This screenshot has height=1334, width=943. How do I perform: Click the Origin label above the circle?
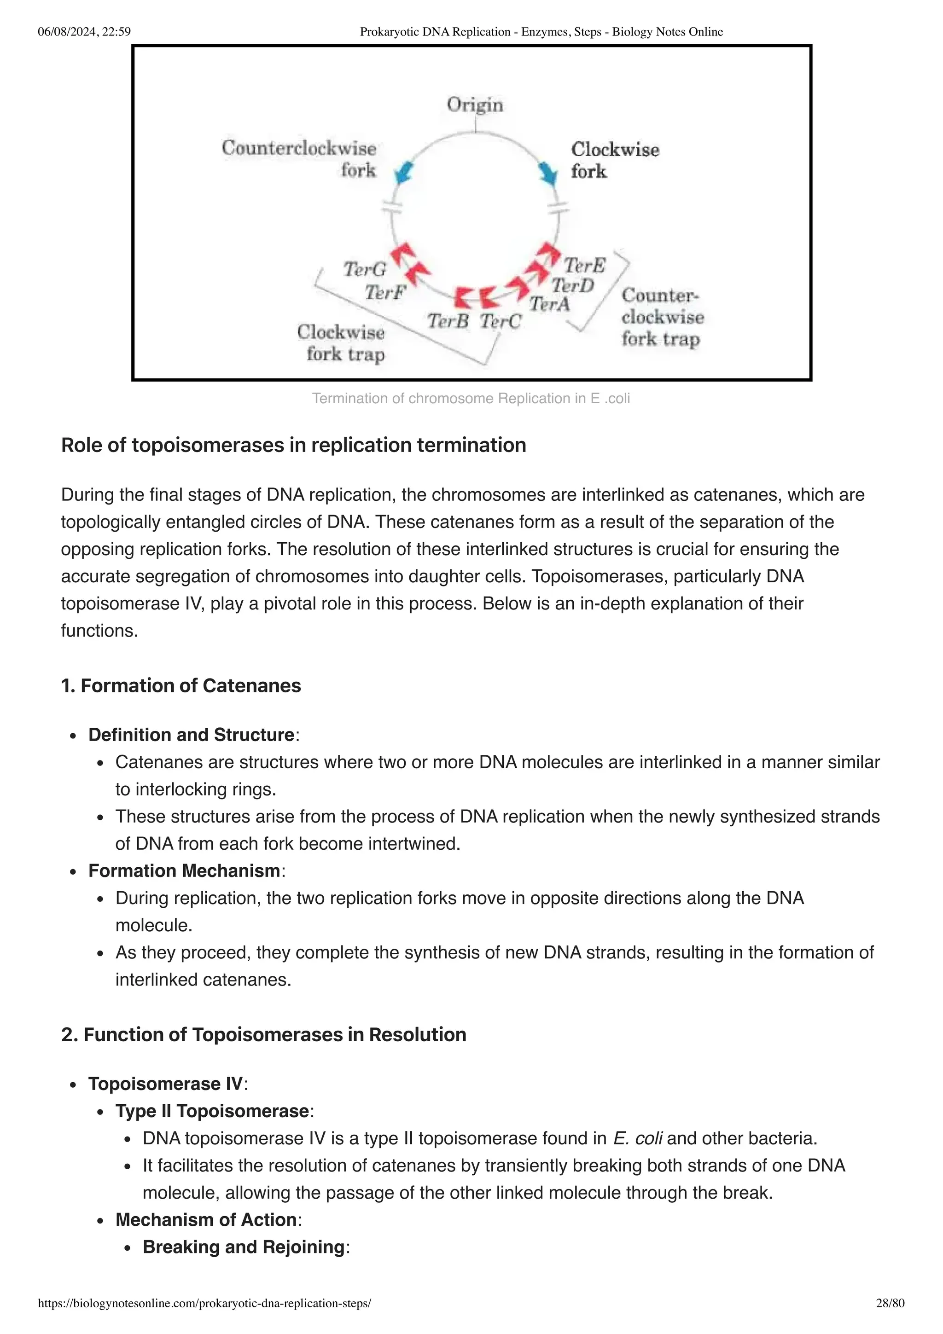click(475, 105)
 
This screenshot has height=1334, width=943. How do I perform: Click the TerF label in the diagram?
click(384, 292)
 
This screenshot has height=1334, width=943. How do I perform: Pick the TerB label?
click(448, 321)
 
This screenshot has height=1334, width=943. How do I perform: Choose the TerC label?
click(500, 321)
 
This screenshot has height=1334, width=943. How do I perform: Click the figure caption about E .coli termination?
click(471, 399)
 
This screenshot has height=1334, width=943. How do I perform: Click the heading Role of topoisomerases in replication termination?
click(293, 445)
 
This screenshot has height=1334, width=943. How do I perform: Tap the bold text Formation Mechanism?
click(184, 870)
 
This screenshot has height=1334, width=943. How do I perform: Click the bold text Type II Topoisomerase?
click(212, 1111)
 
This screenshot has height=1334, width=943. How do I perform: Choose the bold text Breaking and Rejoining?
click(244, 1247)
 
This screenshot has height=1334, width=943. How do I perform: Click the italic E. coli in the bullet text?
click(637, 1138)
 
